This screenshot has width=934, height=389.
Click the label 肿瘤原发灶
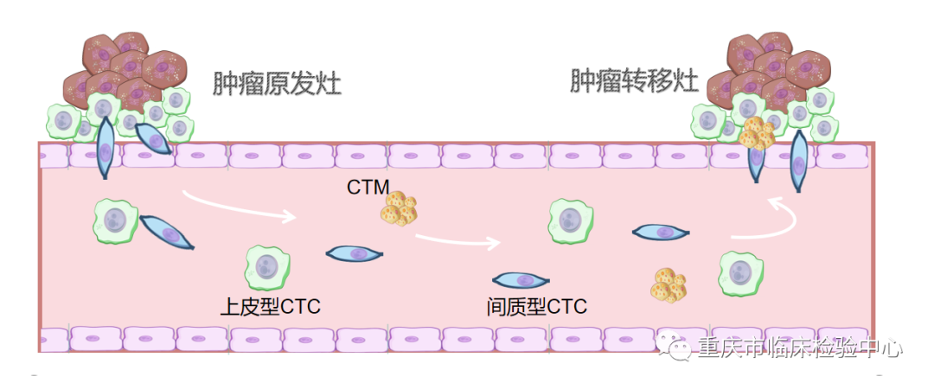click(x=277, y=84)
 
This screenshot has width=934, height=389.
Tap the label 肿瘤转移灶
click(x=634, y=81)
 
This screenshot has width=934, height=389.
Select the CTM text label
click(x=368, y=186)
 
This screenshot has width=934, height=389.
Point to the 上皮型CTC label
click(x=270, y=306)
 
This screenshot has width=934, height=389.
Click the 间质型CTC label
click(x=536, y=306)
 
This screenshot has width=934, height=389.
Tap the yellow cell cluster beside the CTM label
click(x=400, y=209)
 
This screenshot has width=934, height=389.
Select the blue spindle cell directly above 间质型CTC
click(x=521, y=280)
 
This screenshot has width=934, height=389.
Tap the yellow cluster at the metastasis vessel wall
click(x=757, y=132)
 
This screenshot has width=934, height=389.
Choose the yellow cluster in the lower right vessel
click(x=669, y=285)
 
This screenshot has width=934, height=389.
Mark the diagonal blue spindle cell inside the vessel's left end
click(x=167, y=233)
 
